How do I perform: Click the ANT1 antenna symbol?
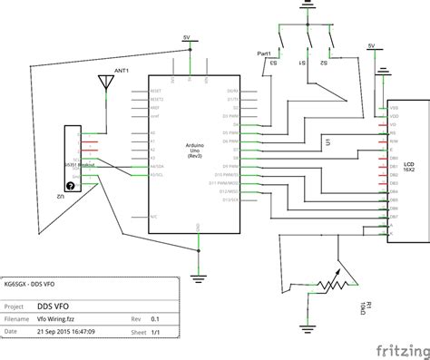coord(107,83)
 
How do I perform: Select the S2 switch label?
coord(323,63)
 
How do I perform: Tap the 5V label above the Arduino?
coord(187,37)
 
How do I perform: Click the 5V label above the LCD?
coord(371,44)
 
